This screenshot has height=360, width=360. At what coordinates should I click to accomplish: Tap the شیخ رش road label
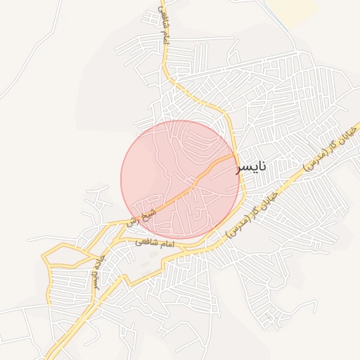point(140,215)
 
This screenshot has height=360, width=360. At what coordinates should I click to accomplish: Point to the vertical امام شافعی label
point(165,26)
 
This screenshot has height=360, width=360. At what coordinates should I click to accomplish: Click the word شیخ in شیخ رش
point(146,211)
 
